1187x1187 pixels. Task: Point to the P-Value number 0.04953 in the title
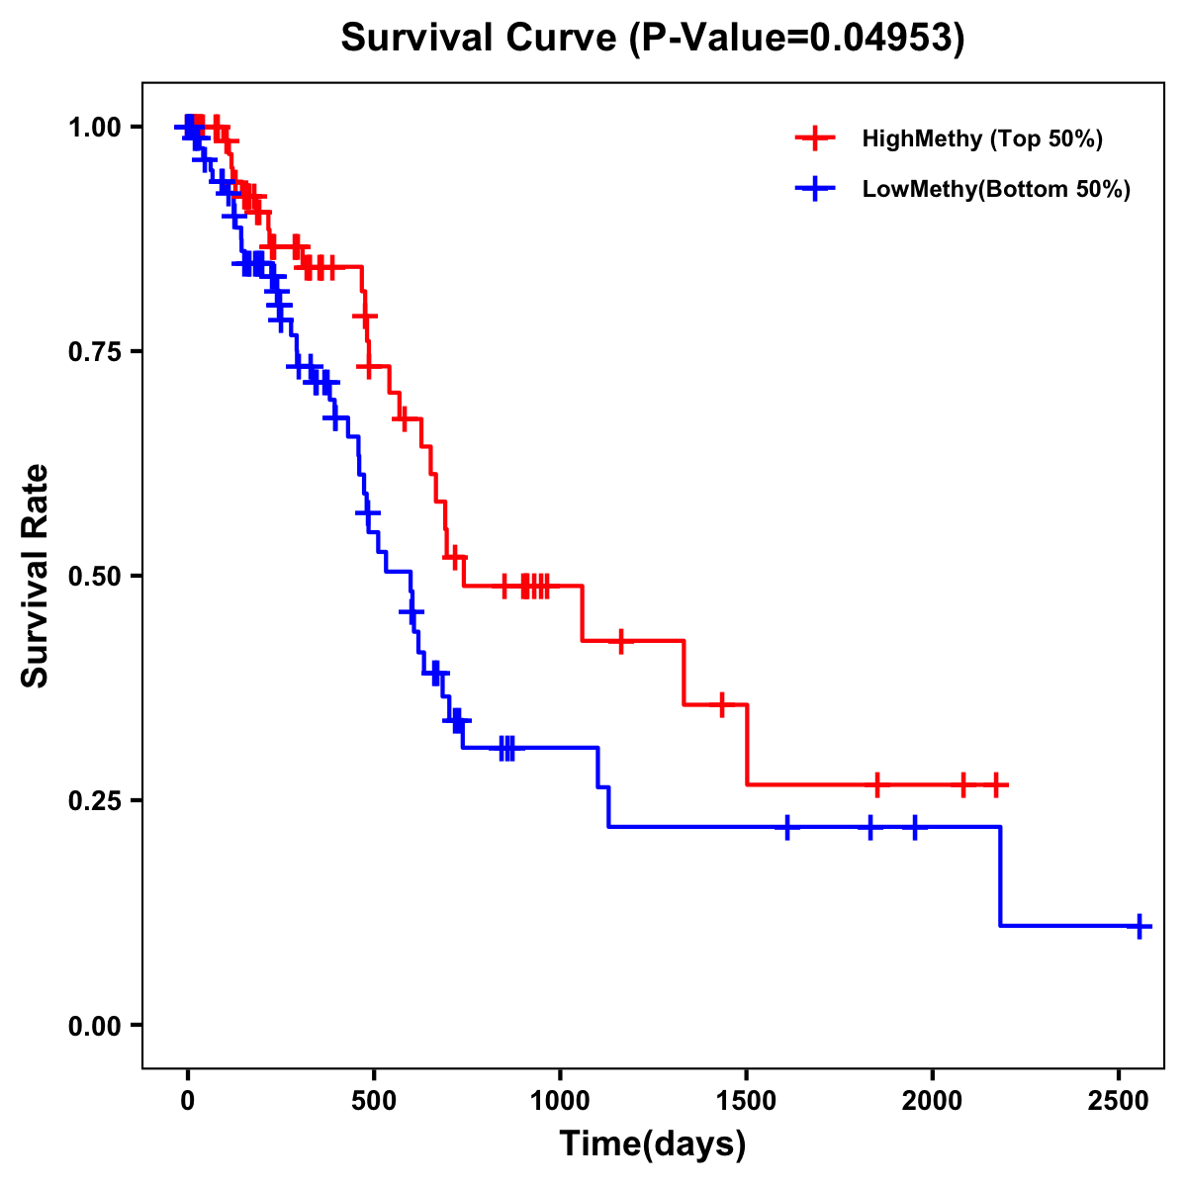(884, 38)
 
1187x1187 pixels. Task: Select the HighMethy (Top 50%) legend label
(981, 138)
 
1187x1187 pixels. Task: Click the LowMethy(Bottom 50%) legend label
(996, 189)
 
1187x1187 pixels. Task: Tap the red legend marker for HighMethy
(815, 138)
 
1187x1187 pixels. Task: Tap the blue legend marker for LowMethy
(815, 189)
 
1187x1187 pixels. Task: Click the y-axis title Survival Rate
(36, 576)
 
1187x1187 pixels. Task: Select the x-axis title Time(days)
(653, 1144)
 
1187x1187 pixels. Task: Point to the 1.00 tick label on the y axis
(95, 128)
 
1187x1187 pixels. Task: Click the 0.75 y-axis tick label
(95, 352)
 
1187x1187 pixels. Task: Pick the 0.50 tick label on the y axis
(95, 577)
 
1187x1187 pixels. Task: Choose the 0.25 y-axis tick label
(95, 801)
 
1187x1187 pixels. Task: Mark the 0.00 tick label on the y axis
(95, 1026)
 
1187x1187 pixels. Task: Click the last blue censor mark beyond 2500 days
(1140, 926)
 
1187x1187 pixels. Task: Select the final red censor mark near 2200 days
(996, 784)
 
